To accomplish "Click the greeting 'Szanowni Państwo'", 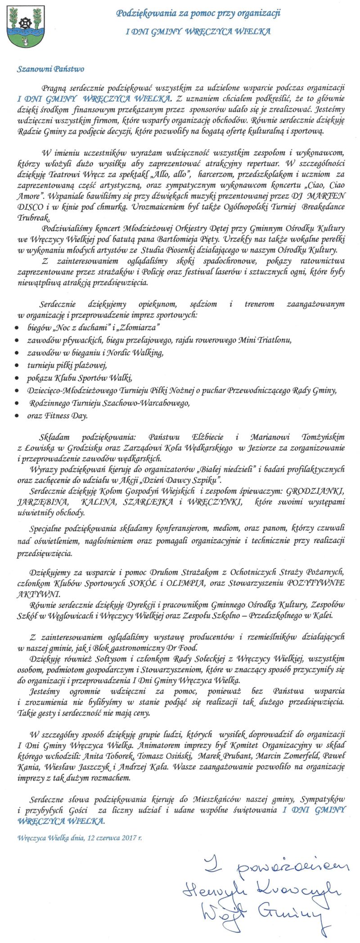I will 50,69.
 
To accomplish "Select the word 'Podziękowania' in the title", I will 143,14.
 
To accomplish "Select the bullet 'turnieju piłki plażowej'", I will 67,365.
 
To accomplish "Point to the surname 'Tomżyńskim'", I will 319,437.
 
